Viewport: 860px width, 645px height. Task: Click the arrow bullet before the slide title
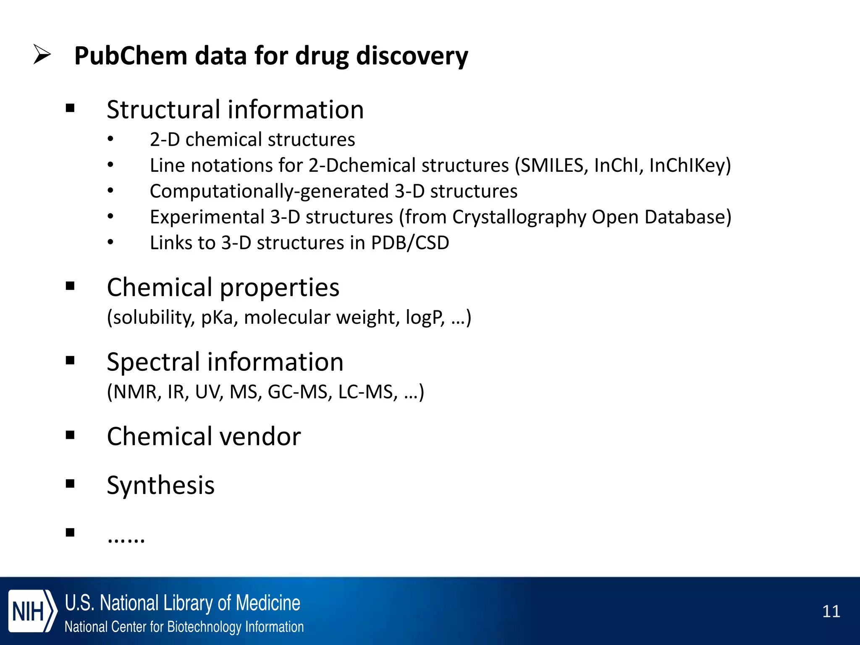click(42, 55)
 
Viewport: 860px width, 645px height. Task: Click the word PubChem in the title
click(131, 56)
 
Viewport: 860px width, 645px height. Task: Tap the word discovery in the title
click(412, 56)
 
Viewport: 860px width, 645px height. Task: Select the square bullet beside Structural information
click(70, 109)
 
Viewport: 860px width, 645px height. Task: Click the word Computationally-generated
click(269, 191)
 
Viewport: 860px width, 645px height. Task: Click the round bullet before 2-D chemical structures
click(110, 139)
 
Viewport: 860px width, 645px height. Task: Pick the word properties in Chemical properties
click(279, 288)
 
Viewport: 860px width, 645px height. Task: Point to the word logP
click(425, 317)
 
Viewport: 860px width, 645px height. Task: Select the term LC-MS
click(367, 392)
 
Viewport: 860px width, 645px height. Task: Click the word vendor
click(260, 436)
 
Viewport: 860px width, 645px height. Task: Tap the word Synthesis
click(160, 485)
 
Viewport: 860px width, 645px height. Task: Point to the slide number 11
click(831, 611)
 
